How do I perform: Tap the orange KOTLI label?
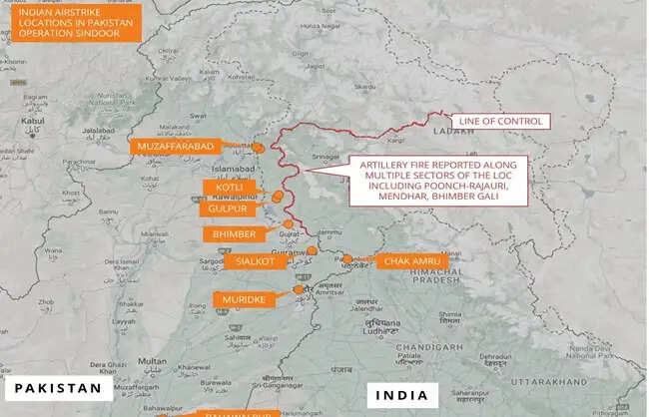223,188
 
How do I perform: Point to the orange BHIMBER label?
234,234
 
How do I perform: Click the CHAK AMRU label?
408,260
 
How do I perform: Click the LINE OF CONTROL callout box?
499,122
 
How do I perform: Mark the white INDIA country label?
401,395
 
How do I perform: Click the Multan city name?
152,360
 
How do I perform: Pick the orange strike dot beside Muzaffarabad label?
258,148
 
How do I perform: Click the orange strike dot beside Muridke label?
298,289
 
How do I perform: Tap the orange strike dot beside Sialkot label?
312,251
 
